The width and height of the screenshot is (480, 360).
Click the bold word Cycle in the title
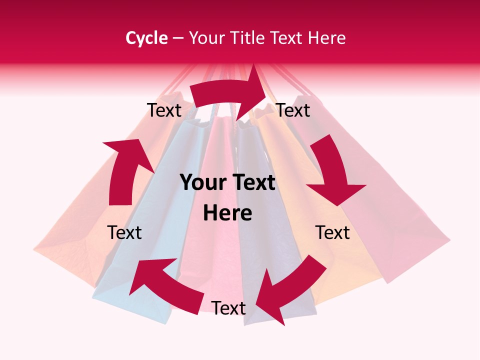coord(146,38)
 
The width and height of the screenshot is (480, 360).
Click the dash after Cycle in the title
coord(178,38)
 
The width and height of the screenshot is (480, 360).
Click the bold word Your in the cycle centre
coord(202,183)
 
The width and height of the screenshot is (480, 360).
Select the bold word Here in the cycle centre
coord(227,213)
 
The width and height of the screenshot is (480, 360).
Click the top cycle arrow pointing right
coord(227,95)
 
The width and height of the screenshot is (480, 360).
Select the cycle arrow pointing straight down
coord(332,172)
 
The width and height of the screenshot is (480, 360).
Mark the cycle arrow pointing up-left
coord(165,285)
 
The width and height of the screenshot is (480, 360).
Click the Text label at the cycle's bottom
coord(228,308)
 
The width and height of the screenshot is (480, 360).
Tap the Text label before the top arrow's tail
coord(164,110)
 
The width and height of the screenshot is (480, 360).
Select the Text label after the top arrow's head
coord(293,110)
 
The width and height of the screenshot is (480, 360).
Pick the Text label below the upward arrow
coord(124,232)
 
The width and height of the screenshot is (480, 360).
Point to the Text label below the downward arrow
coord(332,232)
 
